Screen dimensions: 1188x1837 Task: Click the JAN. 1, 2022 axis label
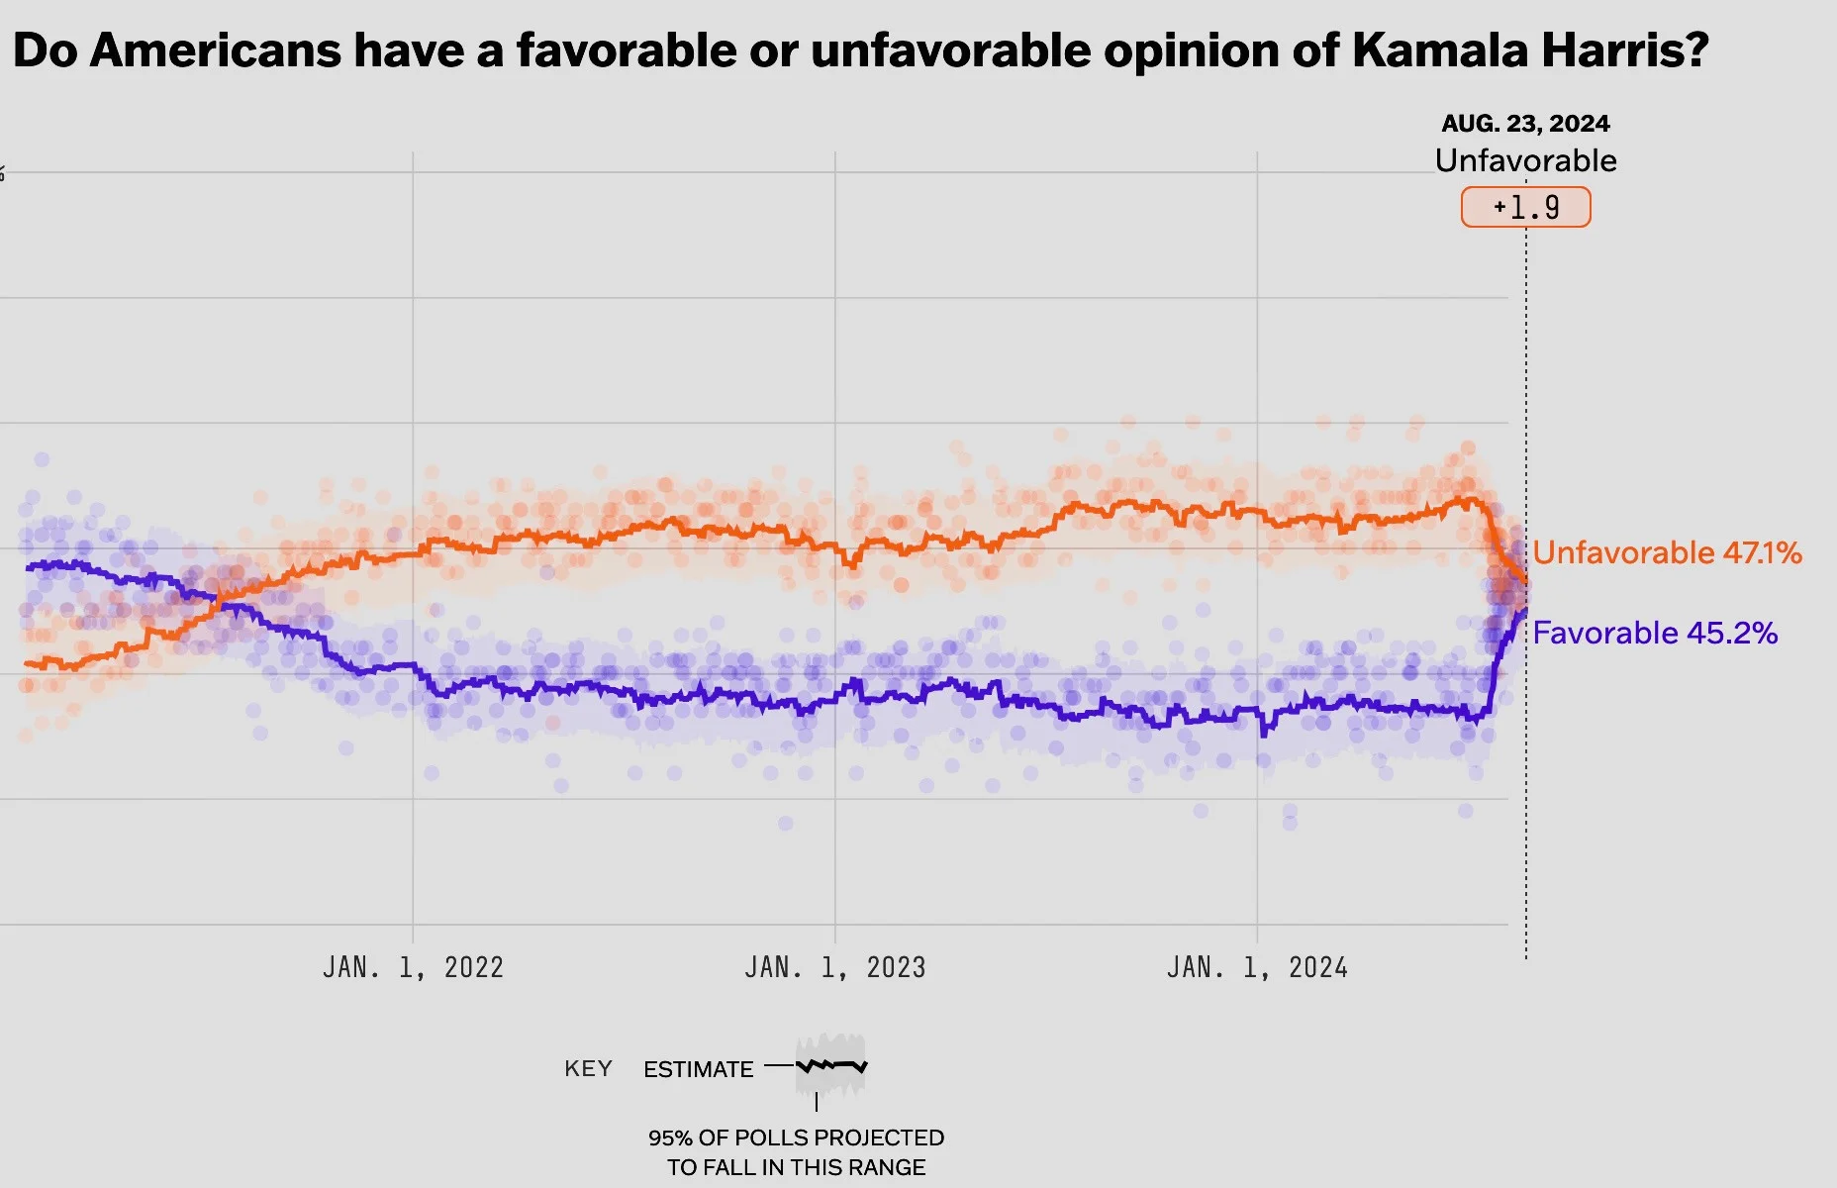tap(413, 967)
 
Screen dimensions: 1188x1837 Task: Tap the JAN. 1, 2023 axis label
tap(834, 967)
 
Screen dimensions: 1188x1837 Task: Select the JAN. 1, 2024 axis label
tap(1257, 967)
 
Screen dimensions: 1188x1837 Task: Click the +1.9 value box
tap(1525, 208)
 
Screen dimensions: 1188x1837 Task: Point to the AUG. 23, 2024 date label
tap(1525, 124)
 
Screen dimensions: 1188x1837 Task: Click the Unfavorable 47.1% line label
tap(1667, 552)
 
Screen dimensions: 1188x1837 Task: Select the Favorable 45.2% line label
tap(1655, 633)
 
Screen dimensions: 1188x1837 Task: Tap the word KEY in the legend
tap(588, 1069)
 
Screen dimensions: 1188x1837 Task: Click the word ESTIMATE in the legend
tap(698, 1069)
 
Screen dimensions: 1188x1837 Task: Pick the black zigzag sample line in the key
tap(831, 1066)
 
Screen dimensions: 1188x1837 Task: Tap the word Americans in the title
tap(215, 49)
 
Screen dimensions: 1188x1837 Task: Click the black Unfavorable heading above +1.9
tap(1525, 160)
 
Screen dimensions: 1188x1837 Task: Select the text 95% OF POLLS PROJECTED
tap(796, 1138)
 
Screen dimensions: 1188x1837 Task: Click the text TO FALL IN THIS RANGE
tap(796, 1167)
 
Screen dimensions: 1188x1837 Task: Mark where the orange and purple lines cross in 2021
tap(217, 600)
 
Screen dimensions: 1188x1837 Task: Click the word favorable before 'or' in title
tap(626, 49)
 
